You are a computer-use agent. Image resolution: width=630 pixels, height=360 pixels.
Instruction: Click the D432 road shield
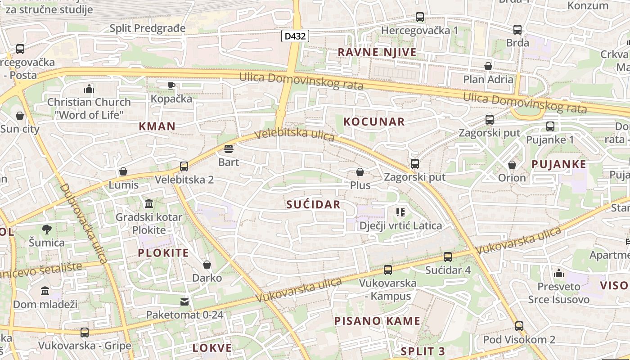(x=295, y=36)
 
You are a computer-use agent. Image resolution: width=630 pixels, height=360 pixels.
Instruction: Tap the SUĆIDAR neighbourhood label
(x=313, y=205)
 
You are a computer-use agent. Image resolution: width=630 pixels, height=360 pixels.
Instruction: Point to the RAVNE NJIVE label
(x=377, y=53)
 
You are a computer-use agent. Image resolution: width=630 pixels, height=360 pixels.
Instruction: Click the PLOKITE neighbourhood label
(x=163, y=253)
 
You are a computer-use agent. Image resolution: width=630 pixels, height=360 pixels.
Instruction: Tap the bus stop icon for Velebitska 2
(x=184, y=167)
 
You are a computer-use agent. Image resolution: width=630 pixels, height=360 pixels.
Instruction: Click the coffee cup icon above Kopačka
(x=171, y=85)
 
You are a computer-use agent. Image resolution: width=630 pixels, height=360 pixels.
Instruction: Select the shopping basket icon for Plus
(x=360, y=172)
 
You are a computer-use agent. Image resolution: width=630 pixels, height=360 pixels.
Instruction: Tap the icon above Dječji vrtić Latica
(x=400, y=212)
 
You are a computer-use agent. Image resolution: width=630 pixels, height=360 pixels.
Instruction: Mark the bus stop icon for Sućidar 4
(x=448, y=257)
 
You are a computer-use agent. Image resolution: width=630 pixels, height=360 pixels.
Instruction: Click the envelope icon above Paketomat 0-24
(x=184, y=301)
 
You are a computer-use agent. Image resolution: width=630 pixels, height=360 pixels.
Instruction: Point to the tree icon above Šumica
(x=46, y=230)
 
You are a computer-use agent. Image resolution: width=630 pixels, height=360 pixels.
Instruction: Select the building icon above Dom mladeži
(x=45, y=291)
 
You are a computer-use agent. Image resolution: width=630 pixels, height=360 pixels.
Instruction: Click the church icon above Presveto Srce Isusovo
(x=559, y=273)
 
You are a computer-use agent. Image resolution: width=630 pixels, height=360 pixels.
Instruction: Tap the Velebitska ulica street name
(x=294, y=135)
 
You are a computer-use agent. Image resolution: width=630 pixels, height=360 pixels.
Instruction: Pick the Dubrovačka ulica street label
(x=83, y=223)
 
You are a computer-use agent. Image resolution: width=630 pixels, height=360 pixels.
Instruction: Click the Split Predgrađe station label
(x=148, y=28)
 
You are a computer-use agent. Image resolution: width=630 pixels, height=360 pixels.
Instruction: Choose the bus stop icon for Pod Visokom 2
(x=519, y=326)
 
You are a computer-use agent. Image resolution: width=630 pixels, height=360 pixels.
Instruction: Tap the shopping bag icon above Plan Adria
(x=488, y=67)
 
